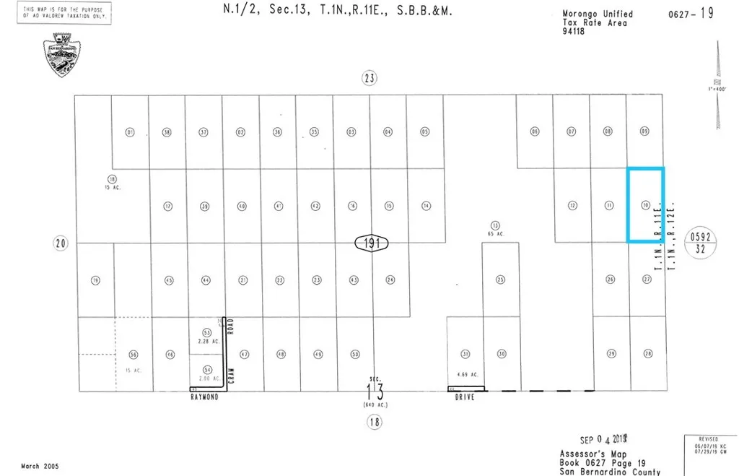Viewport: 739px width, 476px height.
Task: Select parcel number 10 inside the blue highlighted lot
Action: pos(645,206)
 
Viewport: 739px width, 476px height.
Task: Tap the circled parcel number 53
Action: pos(206,333)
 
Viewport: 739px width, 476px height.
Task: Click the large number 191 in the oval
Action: pos(372,243)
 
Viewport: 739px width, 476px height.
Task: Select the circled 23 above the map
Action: pos(369,79)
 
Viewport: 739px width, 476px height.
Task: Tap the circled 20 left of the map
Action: pos(61,243)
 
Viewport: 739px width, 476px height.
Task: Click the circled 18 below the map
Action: pos(373,423)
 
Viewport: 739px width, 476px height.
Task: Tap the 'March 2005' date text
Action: pos(41,466)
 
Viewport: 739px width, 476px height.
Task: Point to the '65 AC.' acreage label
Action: pos(495,234)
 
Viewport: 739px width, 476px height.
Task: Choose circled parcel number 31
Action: pos(465,354)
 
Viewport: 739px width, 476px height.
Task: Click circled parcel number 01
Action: pos(130,132)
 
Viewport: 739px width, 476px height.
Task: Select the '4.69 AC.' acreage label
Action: pos(466,375)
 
